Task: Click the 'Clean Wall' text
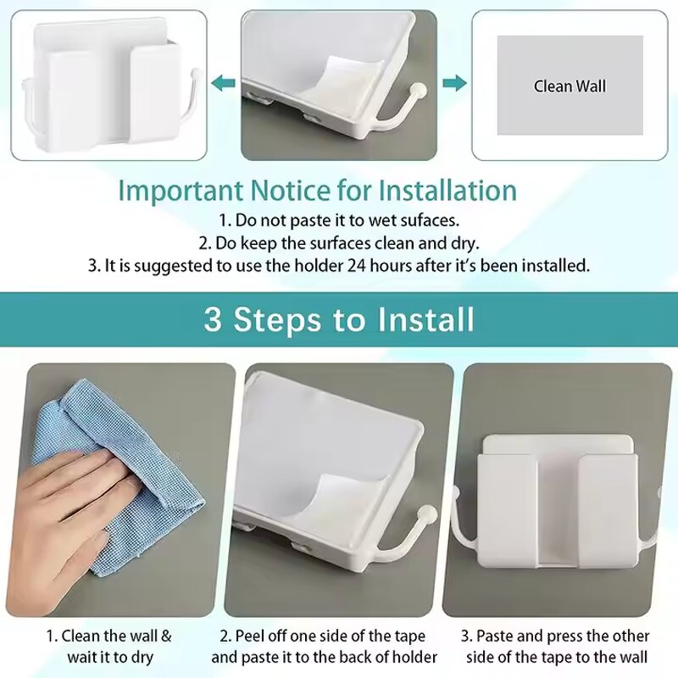pos(570,86)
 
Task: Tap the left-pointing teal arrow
pos(223,82)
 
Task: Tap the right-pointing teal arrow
pos(455,82)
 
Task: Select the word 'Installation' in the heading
pos(447,189)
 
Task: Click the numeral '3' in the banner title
pos(213,320)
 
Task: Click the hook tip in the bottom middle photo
pos(429,514)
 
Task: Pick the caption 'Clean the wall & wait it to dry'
pos(108,647)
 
